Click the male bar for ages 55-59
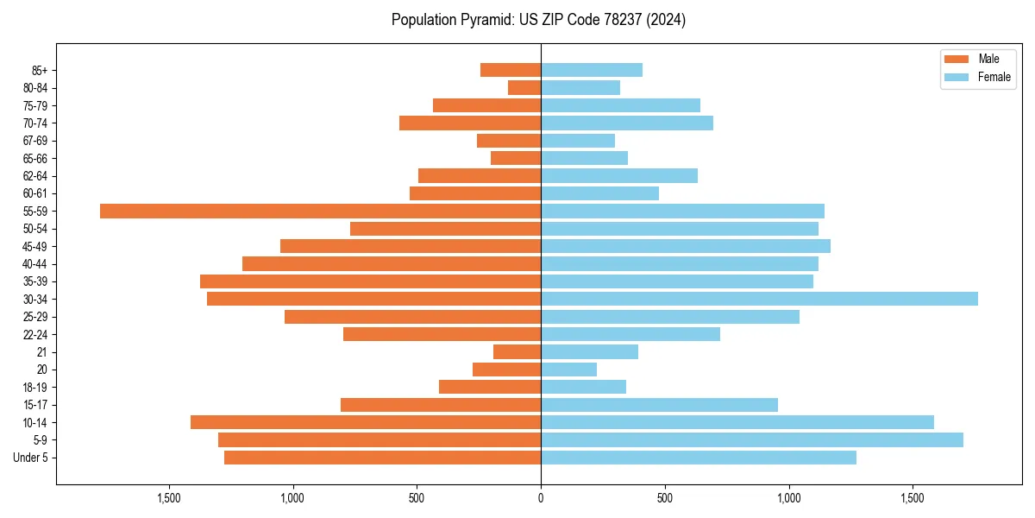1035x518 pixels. pos(320,211)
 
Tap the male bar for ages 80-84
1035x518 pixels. pos(524,87)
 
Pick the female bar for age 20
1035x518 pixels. pos(568,370)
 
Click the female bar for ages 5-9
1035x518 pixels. pos(751,439)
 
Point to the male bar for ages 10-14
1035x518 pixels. pos(366,422)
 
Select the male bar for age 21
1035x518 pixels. pos(517,351)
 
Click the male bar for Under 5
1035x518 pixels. pos(382,457)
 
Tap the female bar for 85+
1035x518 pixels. pos(592,70)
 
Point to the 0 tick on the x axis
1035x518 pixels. pos(541,498)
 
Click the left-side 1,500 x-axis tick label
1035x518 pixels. pos(169,498)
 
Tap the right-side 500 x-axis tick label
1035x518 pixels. pos(665,498)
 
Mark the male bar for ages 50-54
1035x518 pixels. pos(445,229)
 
